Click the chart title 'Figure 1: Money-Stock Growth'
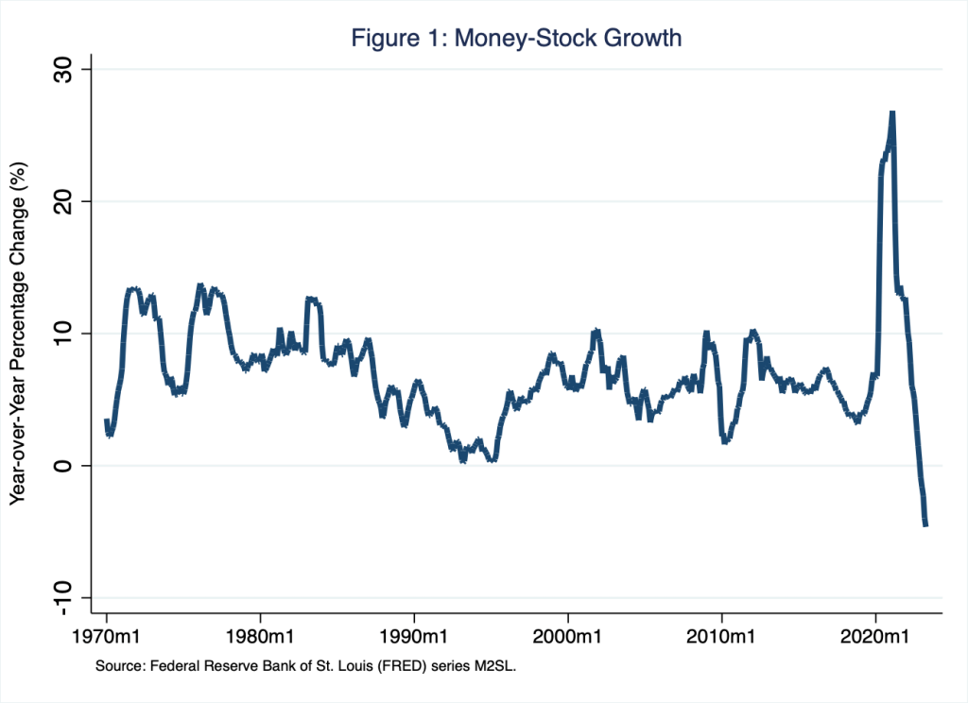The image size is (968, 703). pyautogui.click(x=516, y=39)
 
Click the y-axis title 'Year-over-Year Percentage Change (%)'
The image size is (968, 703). pyautogui.click(x=18, y=334)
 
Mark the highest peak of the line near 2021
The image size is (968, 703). pyautogui.click(x=891, y=113)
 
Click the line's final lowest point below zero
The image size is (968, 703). pyautogui.click(x=925, y=524)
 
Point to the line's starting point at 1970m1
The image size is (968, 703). pyautogui.click(x=107, y=420)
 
